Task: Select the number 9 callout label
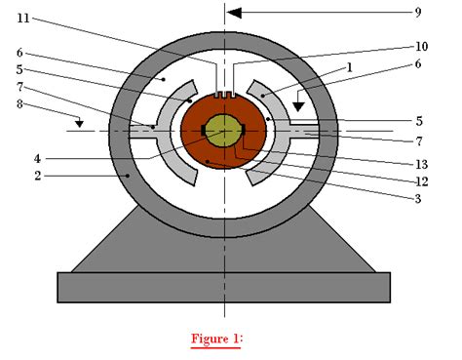click(x=417, y=13)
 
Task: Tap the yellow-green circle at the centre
click(x=225, y=131)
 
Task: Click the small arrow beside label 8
click(x=81, y=123)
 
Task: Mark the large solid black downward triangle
click(x=299, y=100)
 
